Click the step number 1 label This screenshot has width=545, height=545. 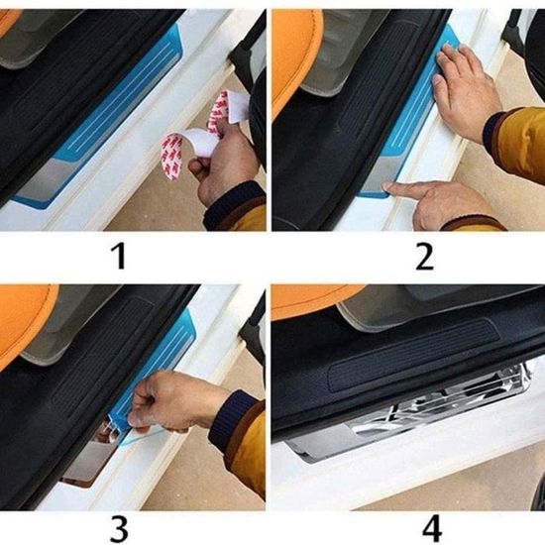(x=119, y=257)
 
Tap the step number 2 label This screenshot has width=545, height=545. (x=424, y=257)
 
